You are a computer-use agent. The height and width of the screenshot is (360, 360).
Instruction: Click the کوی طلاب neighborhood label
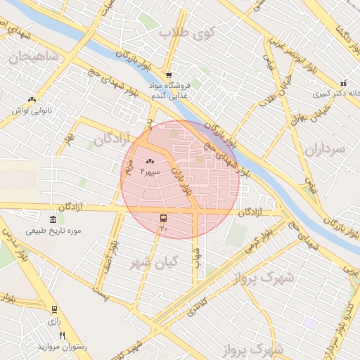[x=189, y=32]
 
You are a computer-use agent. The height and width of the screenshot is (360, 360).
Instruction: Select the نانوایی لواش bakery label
[x=32, y=110]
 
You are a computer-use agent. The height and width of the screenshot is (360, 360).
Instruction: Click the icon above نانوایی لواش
[x=32, y=99]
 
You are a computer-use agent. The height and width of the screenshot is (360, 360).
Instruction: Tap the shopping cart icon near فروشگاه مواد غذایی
[x=169, y=75]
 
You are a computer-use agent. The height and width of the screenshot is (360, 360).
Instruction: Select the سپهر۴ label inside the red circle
[x=150, y=172]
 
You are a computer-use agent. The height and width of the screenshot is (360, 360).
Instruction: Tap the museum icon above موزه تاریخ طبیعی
[x=54, y=219]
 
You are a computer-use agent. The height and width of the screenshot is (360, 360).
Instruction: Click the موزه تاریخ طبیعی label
[x=54, y=231]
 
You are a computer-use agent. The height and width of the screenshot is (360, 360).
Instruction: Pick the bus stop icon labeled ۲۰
[x=164, y=219]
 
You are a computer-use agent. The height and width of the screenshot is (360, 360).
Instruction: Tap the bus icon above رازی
[x=54, y=309]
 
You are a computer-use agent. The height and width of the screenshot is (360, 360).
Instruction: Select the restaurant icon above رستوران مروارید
[x=63, y=335]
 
